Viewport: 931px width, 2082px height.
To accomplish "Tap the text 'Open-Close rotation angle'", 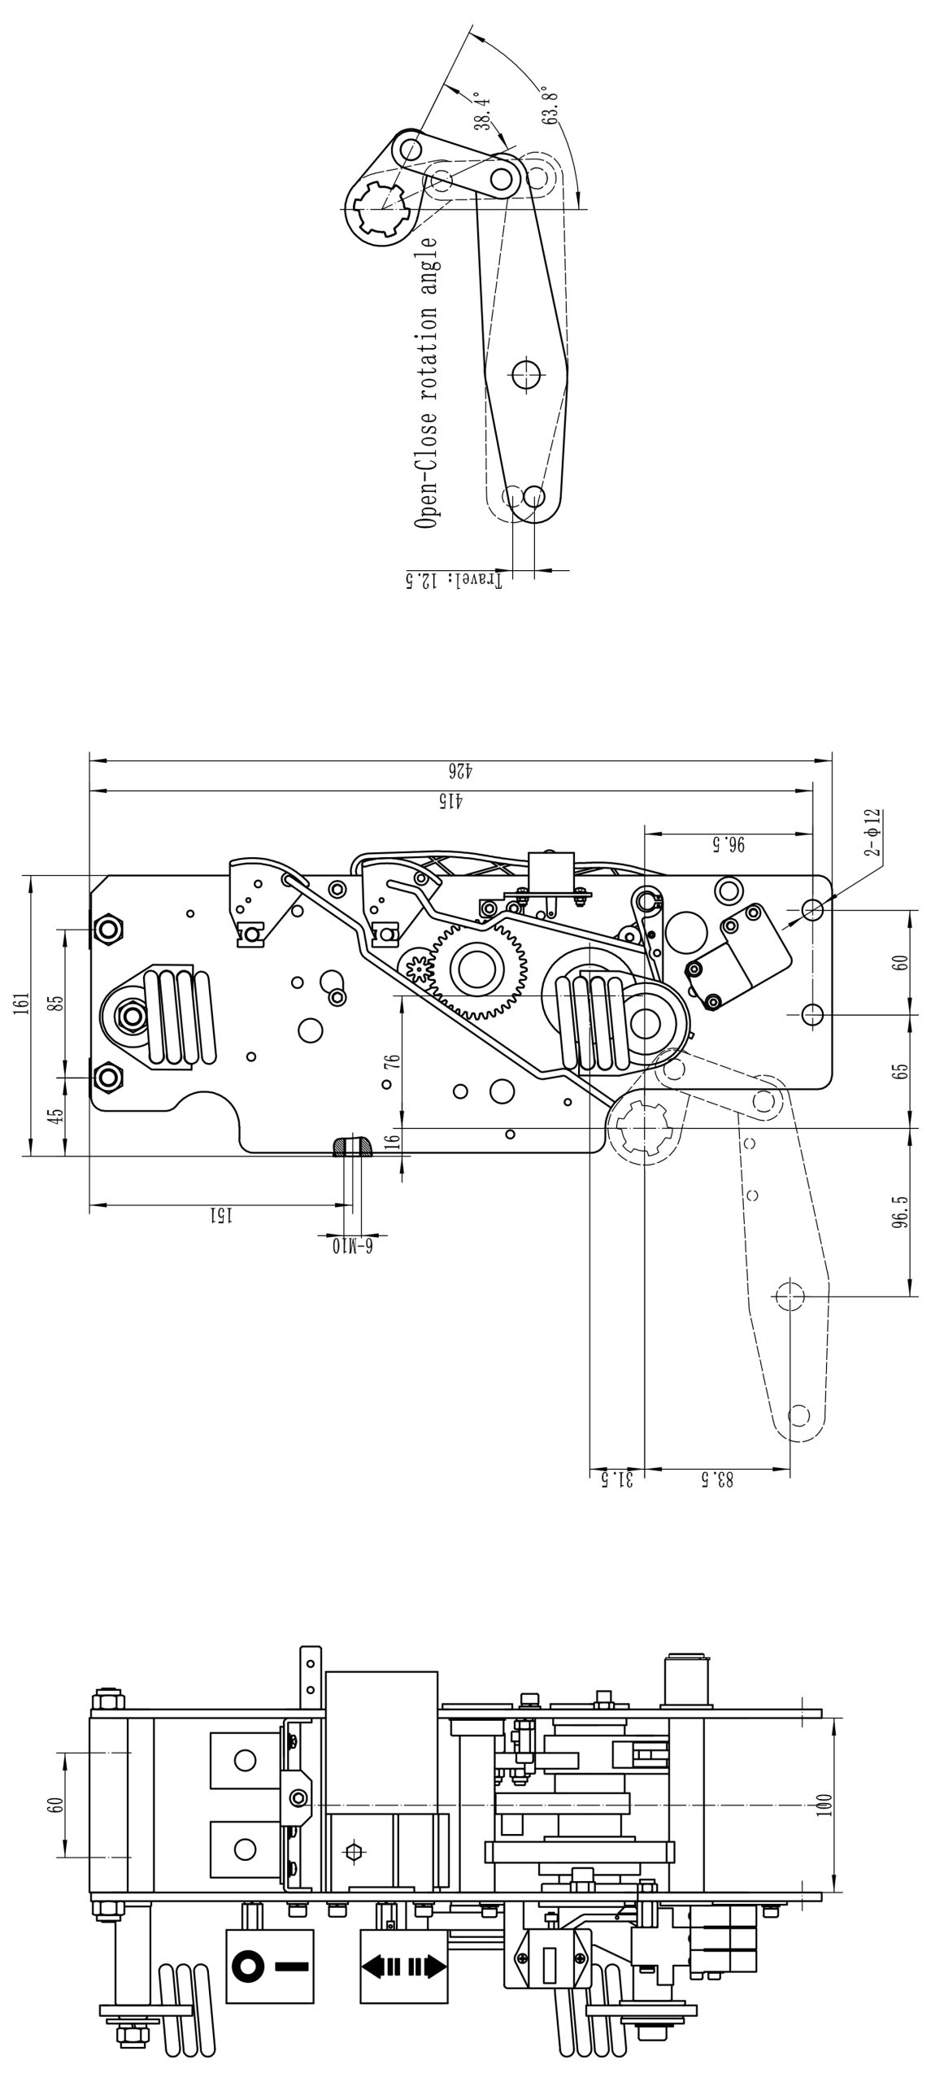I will [425, 382].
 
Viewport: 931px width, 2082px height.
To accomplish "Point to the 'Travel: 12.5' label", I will [454, 580].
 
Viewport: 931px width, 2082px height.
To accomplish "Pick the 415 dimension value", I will [449, 800].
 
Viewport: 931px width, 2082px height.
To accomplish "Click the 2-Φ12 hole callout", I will [873, 831].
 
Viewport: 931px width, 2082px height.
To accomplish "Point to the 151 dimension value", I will [221, 1215].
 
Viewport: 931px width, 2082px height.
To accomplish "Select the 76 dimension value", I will [393, 1061].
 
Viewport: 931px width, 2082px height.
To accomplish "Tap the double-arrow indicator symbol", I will [403, 1967].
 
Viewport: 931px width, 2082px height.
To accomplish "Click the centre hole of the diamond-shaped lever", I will [526, 373].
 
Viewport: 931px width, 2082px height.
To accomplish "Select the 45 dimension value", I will [55, 1115].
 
